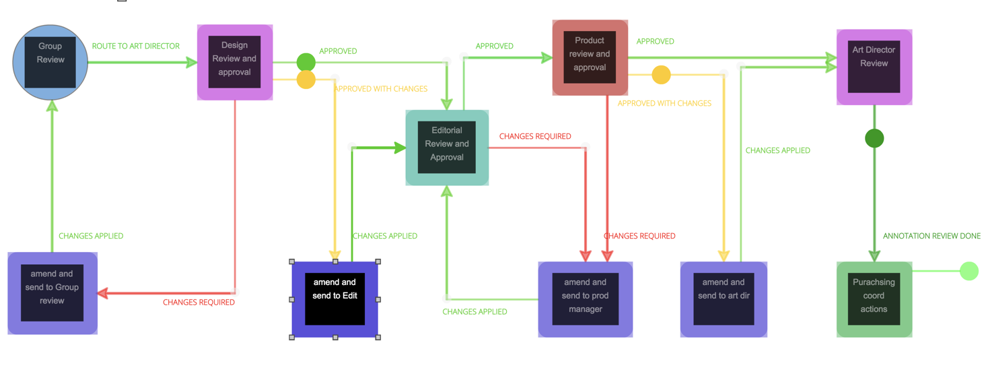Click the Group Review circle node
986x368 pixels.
(x=50, y=62)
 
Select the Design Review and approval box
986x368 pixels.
(x=234, y=62)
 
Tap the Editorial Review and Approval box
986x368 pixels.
(x=447, y=148)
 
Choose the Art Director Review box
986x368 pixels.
(x=874, y=67)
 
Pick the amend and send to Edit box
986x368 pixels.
(x=334, y=299)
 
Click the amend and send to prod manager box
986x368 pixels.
(x=585, y=299)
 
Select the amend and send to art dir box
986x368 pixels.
(x=724, y=299)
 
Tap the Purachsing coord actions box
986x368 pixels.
(x=874, y=299)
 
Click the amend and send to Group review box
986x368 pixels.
(x=52, y=293)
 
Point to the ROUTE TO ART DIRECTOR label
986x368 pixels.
(x=136, y=47)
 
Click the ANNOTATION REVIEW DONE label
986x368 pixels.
(x=931, y=236)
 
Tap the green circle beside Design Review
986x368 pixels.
(x=306, y=62)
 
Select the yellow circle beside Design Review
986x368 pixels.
(x=306, y=80)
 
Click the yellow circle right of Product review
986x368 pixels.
(x=661, y=75)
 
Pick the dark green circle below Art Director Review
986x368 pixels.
(x=874, y=138)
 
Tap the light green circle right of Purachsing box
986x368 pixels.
(x=969, y=271)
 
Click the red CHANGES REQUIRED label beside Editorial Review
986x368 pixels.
(x=535, y=136)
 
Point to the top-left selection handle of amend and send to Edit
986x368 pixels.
(x=292, y=262)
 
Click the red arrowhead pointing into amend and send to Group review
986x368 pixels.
(x=103, y=293)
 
